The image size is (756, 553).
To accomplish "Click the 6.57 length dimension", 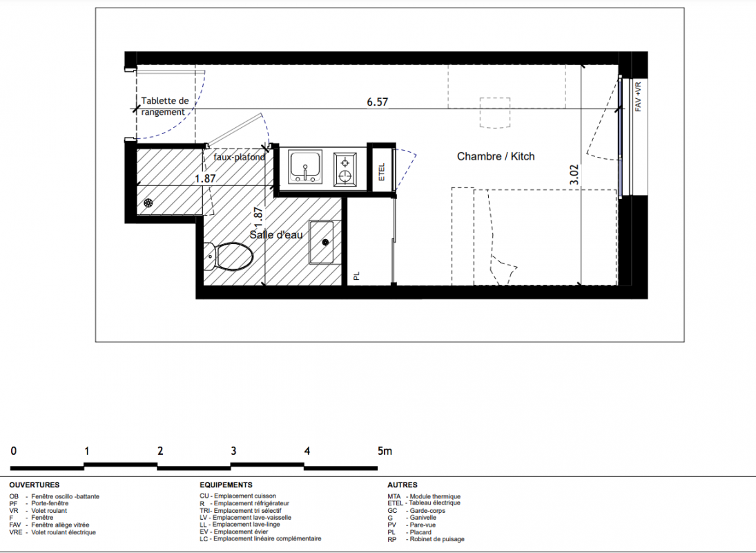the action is click(x=377, y=102).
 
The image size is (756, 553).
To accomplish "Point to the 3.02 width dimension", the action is click(x=574, y=175).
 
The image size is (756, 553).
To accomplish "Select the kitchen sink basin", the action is click(x=305, y=167).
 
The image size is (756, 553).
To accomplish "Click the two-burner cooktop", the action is click(x=345, y=169).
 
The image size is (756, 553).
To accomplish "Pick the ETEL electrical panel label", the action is click(x=382, y=172).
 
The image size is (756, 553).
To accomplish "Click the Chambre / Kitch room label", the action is click(x=496, y=156).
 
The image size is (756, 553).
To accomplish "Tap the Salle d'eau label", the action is click(x=276, y=235).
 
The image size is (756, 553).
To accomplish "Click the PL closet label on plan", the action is click(x=356, y=276).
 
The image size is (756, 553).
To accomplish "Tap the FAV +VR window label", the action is click(x=638, y=97).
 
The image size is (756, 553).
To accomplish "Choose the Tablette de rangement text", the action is click(x=164, y=106).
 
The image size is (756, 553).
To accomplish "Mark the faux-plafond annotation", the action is click(x=240, y=157).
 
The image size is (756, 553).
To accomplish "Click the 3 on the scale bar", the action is click(x=233, y=451).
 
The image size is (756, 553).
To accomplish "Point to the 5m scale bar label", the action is click(x=385, y=451).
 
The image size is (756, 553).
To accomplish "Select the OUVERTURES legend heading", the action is click(x=35, y=485).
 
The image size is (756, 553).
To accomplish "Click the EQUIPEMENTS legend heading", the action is click(x=226, y=485).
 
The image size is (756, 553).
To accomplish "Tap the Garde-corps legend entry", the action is click(x=416, y=511).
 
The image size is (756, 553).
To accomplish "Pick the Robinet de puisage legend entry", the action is click(x=426, y=539).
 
